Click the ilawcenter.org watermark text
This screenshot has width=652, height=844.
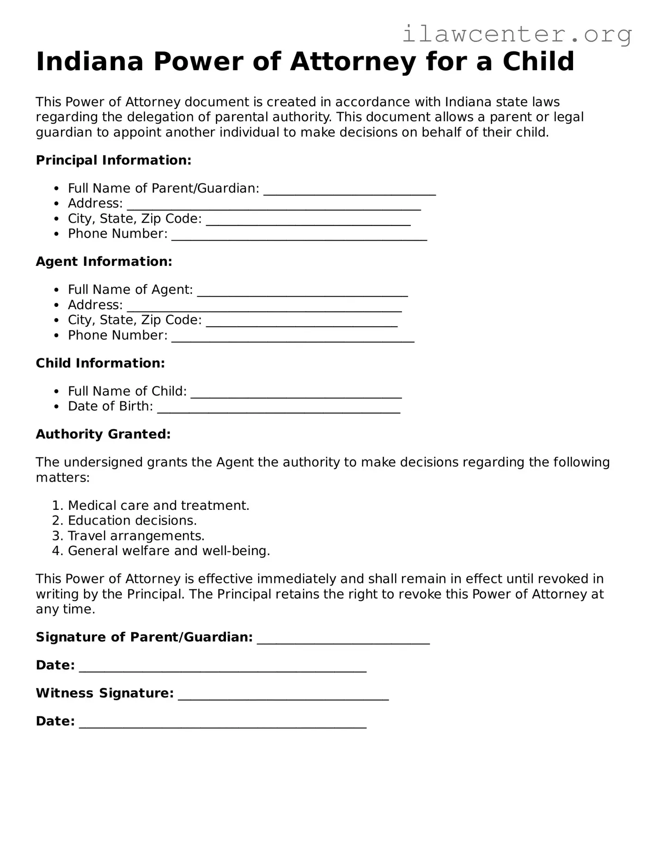[517, 34]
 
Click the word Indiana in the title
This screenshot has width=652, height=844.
[90, 61]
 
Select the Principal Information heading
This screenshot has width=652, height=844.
[113, 160]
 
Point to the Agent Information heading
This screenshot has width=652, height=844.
[104, 262]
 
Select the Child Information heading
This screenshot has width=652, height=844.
[100, 363]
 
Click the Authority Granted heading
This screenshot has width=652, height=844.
[103, 434]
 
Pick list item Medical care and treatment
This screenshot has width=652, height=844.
[158, 506]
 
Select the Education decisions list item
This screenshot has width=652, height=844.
[132, 521]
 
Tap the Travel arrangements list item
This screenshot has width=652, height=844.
[136, 536]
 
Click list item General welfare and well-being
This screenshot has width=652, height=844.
[169, 551]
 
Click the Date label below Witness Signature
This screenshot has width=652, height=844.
[55, 722]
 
